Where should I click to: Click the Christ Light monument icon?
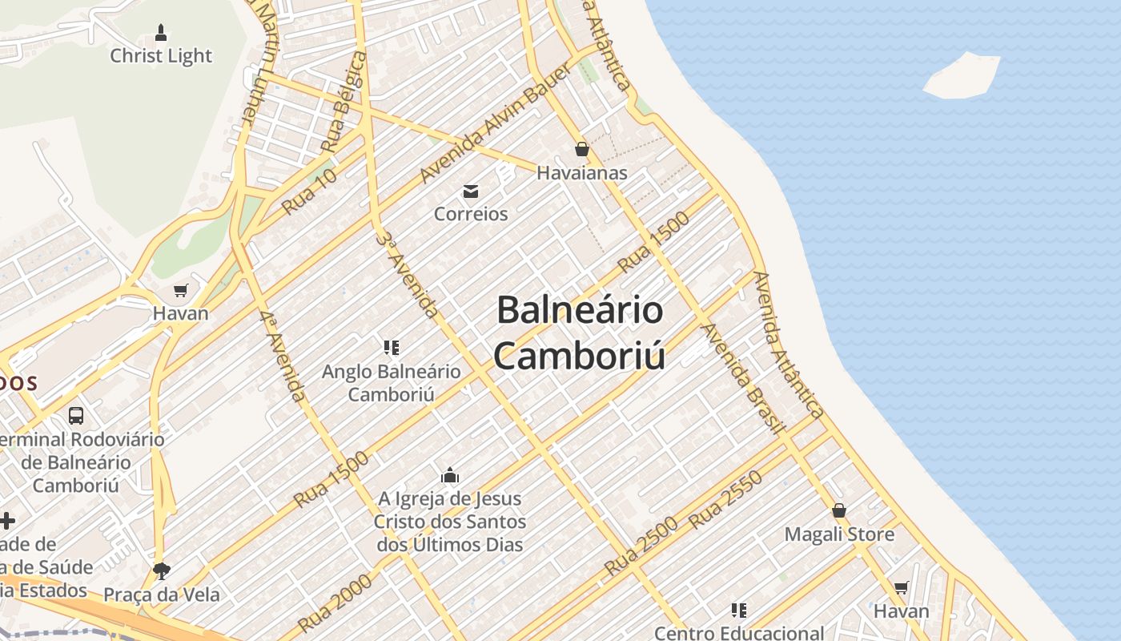pyautogui.click(x=161, y=33)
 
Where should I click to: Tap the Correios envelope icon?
pyautogui.click(x=471, y=191)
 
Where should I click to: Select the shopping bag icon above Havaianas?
pyautogui.click(x=581, y=149)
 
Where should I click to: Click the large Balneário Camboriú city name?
pyautogui.click(x=580, y=333)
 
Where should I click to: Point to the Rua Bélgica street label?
pyautogui.click(x=343, y=103)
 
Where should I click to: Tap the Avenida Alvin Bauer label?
pyautogui.click(x=496, y=123)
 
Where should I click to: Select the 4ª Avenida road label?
pyautogui.click(x=283, y=356)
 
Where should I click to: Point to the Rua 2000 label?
pyautogui.click(x=334, y=603)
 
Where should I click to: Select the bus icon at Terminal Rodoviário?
pyautogui.click(x=76, y=416)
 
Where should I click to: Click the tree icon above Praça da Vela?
pyautogui.click(x=162, y=570)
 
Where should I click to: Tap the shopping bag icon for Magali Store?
pyautogui.click(x=839, y=510)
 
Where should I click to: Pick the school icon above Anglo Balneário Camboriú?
pyautogui.click(x=392, y=348)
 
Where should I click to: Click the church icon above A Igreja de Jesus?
pyautogui.click(x=450, y=475)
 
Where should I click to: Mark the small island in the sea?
pyautogui.click(x=962, y=75)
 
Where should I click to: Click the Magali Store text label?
pyautogui.click(x=839, y=534)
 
